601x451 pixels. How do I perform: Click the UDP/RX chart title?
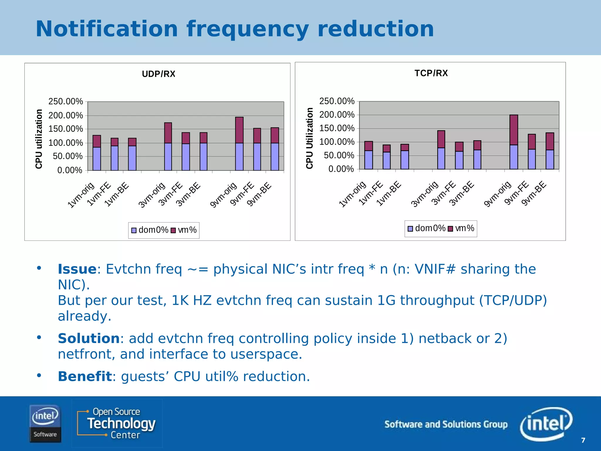(x=158, y=74)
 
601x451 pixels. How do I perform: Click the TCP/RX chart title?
(x=431, y=73)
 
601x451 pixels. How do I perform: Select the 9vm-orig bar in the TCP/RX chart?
(x=514, y=142)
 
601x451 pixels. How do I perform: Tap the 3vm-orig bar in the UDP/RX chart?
(x=168, y=147)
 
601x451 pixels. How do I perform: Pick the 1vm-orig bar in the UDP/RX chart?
(x=97, y=153)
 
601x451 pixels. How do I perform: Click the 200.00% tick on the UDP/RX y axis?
(x=66, y=115)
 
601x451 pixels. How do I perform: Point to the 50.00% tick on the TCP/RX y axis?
(x=339, y=155)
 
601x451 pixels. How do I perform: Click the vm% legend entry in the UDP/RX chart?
(x=184, y=230)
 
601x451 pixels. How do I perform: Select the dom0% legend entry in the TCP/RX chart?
(x=427, y=228)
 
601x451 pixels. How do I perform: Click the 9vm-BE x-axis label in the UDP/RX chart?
(x=259, y=194)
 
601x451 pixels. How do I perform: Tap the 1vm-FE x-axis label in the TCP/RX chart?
(x=371, y=193)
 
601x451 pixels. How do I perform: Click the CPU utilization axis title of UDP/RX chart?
(x=39, y=139)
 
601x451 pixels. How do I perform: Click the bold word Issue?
(x=77, y=269)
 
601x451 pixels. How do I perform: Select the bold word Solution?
(x=89, y=338)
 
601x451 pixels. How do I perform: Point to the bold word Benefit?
(x=85, y=376)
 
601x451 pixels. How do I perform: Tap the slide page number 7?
(x=583, y=440)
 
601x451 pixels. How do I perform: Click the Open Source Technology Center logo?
(x=117, y=423)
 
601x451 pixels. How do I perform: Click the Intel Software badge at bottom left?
(x=45, y=423)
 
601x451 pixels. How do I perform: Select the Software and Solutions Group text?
(x=446, y=424)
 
